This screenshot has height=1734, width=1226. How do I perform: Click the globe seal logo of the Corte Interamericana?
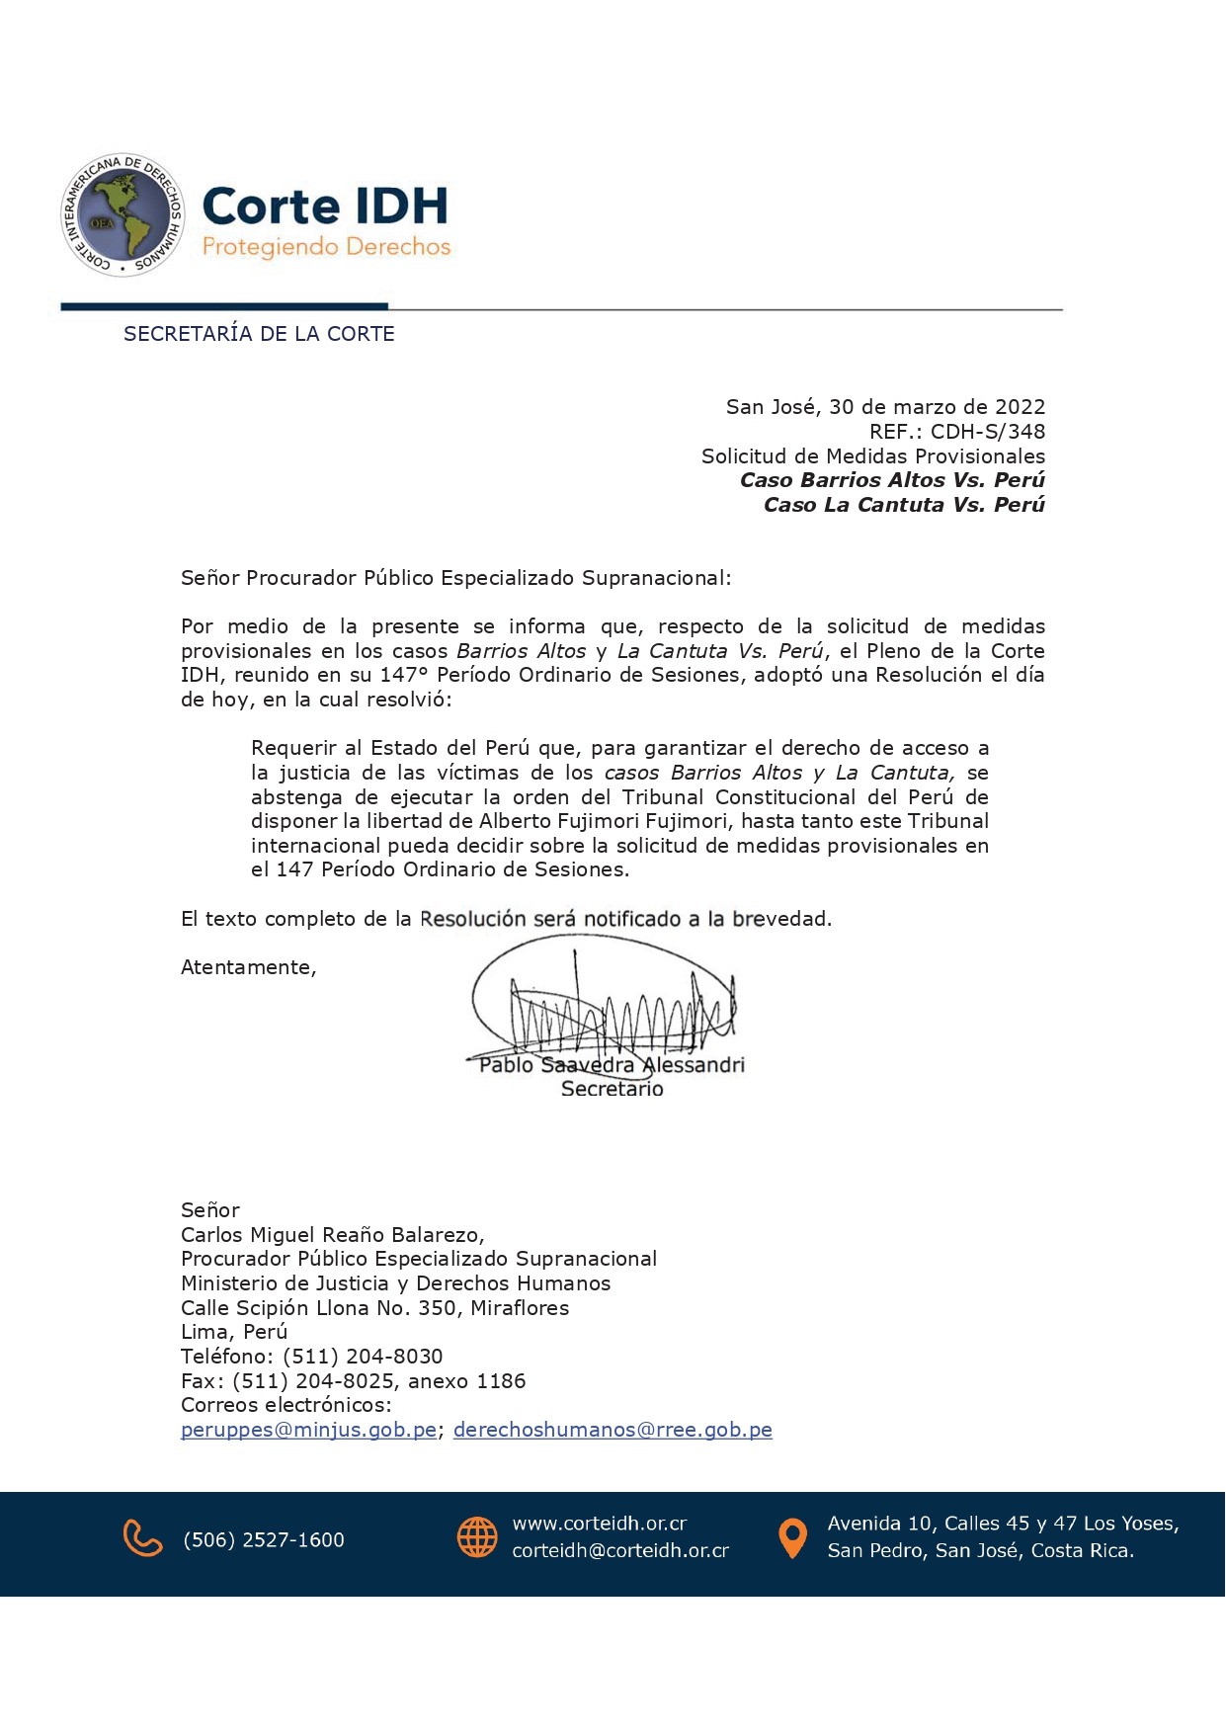tap(123, 215)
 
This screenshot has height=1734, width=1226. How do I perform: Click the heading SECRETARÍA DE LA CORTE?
tap(259, 334)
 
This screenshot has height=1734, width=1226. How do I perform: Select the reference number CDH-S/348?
tap(987, 432)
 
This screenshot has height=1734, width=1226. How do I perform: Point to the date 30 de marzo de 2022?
tap(937, 407)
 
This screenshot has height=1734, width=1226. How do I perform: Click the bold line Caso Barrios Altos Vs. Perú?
tap(892, 480)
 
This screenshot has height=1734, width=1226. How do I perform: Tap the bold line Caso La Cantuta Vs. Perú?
tap(904, 505)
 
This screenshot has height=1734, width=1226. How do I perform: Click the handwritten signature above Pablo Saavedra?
tap(603, 1003)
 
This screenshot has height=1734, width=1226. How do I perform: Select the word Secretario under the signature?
tap(613, 1089)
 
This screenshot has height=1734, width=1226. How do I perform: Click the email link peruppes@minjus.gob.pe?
tap(308, 1430)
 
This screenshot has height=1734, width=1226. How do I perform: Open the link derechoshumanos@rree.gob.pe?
tap(613, 1430)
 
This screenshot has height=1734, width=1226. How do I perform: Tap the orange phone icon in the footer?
tap(142, 1539)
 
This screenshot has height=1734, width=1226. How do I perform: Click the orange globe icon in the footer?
tap(477, 1537)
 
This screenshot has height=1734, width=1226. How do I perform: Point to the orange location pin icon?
tap(792, 1538)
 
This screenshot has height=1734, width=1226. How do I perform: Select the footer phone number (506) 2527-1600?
tap(264, 1539)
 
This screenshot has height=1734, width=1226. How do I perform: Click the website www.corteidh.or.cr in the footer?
tap(599, 1524)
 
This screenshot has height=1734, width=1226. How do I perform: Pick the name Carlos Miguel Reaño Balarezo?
tap(331, 1235)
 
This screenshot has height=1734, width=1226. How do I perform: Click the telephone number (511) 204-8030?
tap(363, 1357)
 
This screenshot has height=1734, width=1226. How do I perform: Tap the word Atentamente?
tap(248, 967)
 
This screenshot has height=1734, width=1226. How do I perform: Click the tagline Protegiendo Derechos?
tap(326, 247)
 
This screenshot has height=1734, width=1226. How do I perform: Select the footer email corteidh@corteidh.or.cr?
tap(620, 1551)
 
